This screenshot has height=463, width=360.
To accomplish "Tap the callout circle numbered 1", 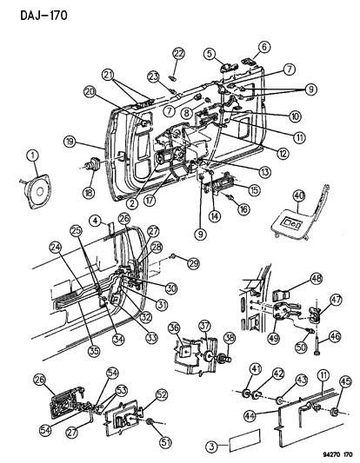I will point(33,155).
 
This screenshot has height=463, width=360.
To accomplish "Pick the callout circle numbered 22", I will point(178,56).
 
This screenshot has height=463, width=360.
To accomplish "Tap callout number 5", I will point(210,54).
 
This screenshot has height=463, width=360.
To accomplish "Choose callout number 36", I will point(174,327).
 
